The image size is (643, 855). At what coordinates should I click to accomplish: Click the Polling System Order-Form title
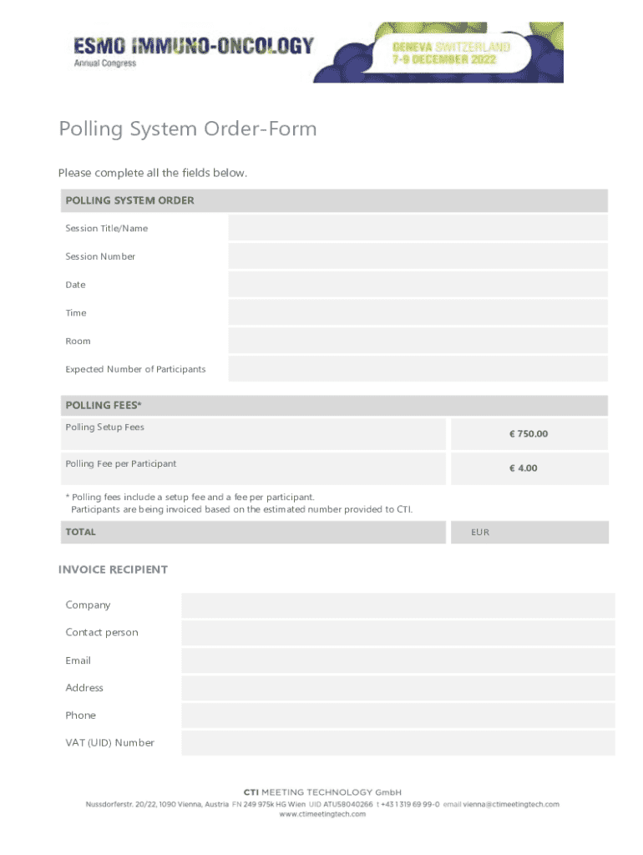(188, 129)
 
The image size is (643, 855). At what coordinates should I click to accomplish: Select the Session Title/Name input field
(418, 228)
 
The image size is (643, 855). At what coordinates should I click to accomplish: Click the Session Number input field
(418, 256)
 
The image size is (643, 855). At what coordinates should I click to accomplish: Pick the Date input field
(418, 285)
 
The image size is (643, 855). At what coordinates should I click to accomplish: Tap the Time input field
(418, 313)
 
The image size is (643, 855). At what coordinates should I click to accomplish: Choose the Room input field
(418, 341)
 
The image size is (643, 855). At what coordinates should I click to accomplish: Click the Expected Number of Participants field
(418, 369)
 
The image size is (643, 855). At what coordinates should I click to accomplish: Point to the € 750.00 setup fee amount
(529, 434)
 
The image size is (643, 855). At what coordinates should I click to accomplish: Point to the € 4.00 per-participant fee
(524, 468)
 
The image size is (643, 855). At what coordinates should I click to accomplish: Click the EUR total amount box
(529, 533)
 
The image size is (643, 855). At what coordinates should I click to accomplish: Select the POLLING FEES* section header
(104, 406)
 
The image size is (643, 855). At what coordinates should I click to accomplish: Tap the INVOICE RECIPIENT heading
(113, 569)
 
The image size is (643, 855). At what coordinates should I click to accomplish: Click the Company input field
(397, 605)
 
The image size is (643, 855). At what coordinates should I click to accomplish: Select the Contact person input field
(397, 633)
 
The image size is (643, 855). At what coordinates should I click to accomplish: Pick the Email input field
(397, 660)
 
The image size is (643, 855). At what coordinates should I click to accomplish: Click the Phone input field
(397, 716)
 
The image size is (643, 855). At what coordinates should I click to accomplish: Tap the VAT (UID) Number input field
(397, 743)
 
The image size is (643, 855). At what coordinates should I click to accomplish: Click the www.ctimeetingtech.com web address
(322, 814)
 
